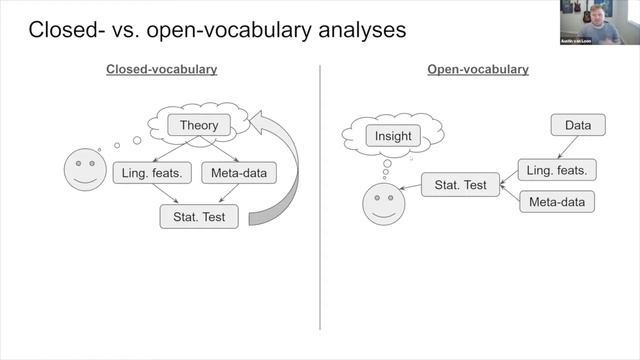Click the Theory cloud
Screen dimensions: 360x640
pos(198,126)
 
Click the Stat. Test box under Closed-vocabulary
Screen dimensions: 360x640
pos(199,216)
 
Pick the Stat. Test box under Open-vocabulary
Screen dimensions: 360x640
pos(460,184)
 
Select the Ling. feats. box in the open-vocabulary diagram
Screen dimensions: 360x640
pos(557,169)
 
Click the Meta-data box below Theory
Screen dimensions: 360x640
pos(239,173)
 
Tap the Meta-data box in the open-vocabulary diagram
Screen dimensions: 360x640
pos(557,201)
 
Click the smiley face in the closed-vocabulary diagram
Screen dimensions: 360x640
pos(85,170)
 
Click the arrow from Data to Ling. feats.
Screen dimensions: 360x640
pos(565,147)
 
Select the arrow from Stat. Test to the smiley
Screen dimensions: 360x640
pos(410,187)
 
